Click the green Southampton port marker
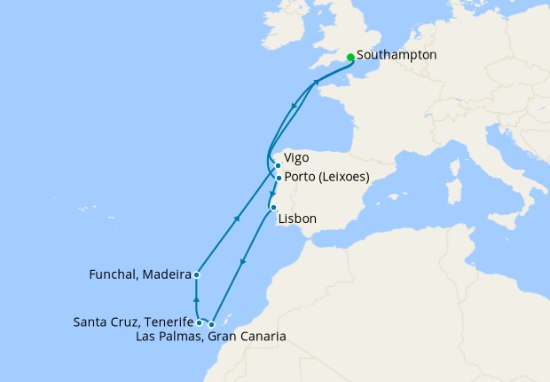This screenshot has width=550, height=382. tap(351, 57)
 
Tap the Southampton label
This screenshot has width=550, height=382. tap(397, 55)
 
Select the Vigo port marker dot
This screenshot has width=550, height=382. tap(278, 165)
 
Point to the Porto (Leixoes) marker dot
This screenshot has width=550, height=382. tap(279, 178)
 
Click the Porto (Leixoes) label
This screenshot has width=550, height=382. tap(327, 177)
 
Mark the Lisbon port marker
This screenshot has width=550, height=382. tap(273, 207)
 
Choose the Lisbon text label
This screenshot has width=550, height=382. tap(297, 219)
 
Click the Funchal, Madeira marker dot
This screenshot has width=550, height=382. tap(196, 275)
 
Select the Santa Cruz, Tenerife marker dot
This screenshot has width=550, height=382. tap(199, 323)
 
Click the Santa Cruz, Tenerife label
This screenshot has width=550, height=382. tap(134, 322)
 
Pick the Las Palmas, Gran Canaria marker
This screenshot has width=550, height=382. tap(211, 324)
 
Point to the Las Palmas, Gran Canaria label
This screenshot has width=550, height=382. tap(211, 337)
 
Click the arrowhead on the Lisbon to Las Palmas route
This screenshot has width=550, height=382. tap(243, 262)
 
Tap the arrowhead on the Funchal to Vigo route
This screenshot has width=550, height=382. tap(237, 218)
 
